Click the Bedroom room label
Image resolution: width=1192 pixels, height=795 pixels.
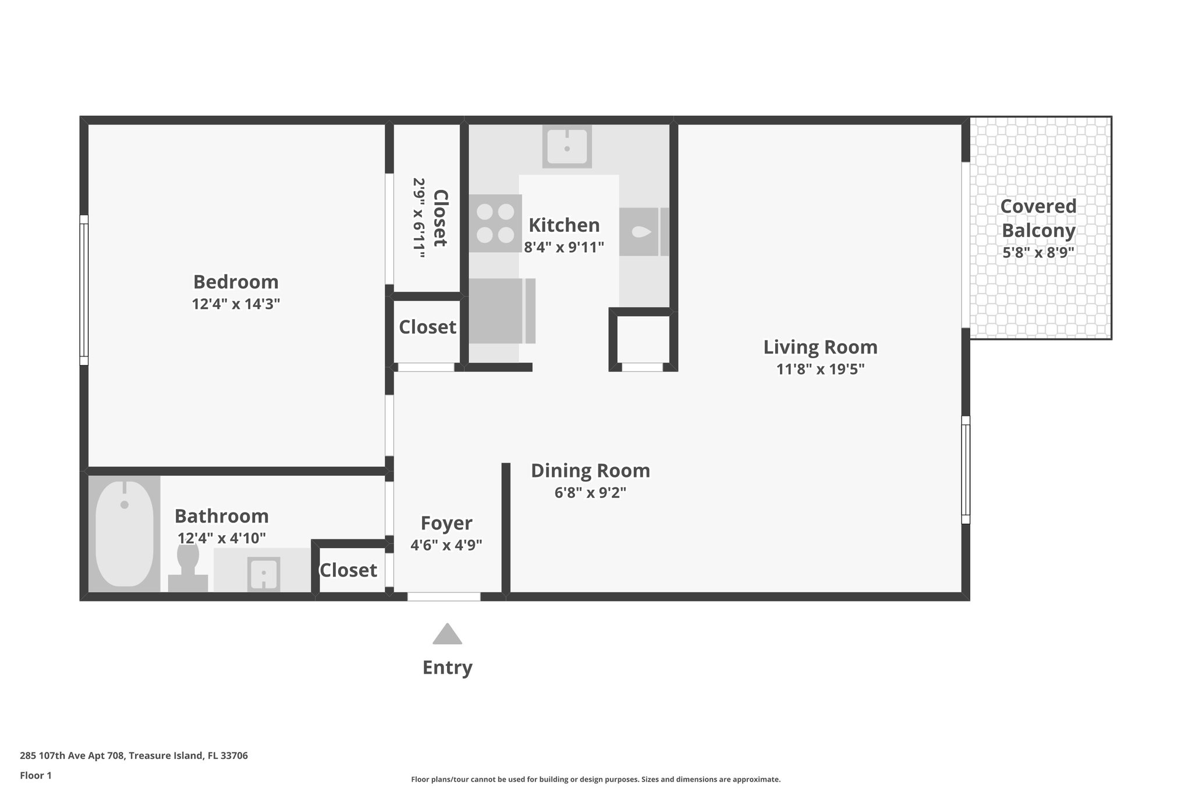point(236,282)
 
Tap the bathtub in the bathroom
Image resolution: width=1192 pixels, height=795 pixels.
point(124,534)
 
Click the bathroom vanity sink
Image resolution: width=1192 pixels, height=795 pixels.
point(264,574)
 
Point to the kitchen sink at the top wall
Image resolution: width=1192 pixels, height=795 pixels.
point(567,146)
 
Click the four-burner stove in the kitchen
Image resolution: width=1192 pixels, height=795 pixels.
point(495,223)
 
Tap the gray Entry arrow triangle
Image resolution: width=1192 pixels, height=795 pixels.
point(447,634)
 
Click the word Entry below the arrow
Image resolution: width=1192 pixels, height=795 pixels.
point(447,667)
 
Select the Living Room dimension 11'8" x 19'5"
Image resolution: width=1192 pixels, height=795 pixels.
point(820,369)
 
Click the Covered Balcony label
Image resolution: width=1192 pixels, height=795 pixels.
point(1038,218)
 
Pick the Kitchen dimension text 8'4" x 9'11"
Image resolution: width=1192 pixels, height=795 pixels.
point(564,248)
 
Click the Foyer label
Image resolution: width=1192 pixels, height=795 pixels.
point(446,523)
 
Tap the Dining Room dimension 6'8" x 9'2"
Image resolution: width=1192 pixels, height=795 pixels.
point(590,493)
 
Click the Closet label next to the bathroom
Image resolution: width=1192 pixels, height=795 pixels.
point(348,570)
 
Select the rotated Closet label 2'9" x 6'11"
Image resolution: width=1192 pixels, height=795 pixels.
point(429,218)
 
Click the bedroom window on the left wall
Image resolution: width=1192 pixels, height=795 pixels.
point(84,289)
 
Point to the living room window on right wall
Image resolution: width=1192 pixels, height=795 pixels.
point(966,469)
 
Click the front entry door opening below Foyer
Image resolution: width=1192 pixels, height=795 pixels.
point(444,596)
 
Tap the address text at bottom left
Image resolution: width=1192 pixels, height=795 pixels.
point(134,756)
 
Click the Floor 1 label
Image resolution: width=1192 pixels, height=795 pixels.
point(36,775)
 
